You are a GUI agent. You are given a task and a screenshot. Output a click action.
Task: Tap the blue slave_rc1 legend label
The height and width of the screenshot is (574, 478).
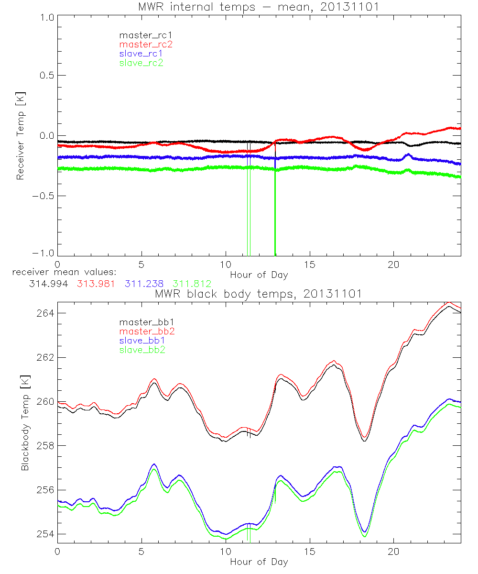pos(141,53)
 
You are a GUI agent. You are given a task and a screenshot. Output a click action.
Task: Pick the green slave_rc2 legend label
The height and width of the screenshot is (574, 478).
pos(141,62)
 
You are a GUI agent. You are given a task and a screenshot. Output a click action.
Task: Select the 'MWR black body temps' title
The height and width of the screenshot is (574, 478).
pos(259,293)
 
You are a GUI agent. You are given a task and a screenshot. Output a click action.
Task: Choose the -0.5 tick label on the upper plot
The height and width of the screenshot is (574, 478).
pos(42,196)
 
